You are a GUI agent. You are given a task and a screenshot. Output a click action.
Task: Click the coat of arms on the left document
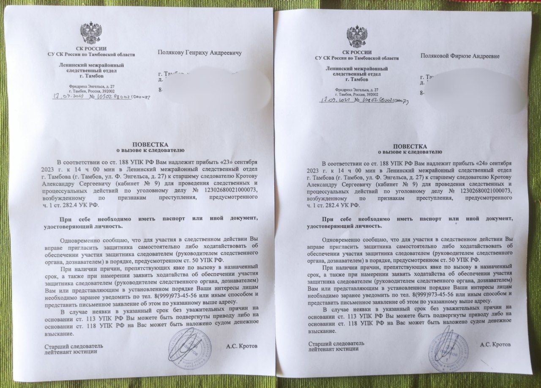91,33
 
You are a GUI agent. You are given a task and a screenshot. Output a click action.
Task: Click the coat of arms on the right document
357,37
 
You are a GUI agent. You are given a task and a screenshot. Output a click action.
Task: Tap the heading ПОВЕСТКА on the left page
150,144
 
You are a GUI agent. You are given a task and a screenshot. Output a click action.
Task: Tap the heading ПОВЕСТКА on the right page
410,146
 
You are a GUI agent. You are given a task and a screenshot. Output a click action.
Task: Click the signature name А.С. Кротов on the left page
242,346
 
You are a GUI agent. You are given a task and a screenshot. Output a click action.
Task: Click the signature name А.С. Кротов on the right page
495,344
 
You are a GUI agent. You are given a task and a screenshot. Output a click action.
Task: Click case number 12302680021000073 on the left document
230,190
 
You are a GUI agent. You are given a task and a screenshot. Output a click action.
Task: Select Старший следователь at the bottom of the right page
336,343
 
